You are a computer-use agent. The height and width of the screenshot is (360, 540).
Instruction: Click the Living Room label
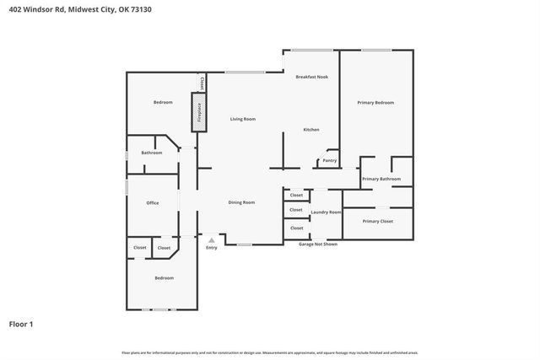[x=243, y=119]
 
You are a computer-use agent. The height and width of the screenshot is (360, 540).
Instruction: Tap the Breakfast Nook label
[x=310, y=77]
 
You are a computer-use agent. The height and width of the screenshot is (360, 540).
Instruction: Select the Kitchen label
[x=311, y=129]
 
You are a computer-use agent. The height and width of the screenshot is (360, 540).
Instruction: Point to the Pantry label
[x=329, y=160]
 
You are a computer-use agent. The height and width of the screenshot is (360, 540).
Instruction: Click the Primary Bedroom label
[x=375, y=102]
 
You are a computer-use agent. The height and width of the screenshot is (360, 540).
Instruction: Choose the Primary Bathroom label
[x=381, y=179]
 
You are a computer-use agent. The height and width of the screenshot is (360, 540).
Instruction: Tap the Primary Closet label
[x=378, y=221]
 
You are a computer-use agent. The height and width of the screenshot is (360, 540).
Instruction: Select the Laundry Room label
[x=326, y=212]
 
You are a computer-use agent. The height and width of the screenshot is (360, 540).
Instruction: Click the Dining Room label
[x=242, y=202]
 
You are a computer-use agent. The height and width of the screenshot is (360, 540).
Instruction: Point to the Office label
[x=153, y=202]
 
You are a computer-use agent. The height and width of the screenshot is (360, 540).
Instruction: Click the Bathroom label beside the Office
[x=152, y=153]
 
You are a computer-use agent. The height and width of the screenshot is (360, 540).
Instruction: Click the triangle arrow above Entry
[x=212, y=239]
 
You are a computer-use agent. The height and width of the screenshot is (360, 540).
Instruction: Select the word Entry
[x=212, y=247]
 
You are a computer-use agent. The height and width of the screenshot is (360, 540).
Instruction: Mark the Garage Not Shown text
[x=318, y=244]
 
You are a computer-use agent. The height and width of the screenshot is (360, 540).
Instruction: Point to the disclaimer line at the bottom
[x=270, y=352]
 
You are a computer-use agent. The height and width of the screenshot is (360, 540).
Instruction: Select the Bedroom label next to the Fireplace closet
[x=163, y=102]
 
